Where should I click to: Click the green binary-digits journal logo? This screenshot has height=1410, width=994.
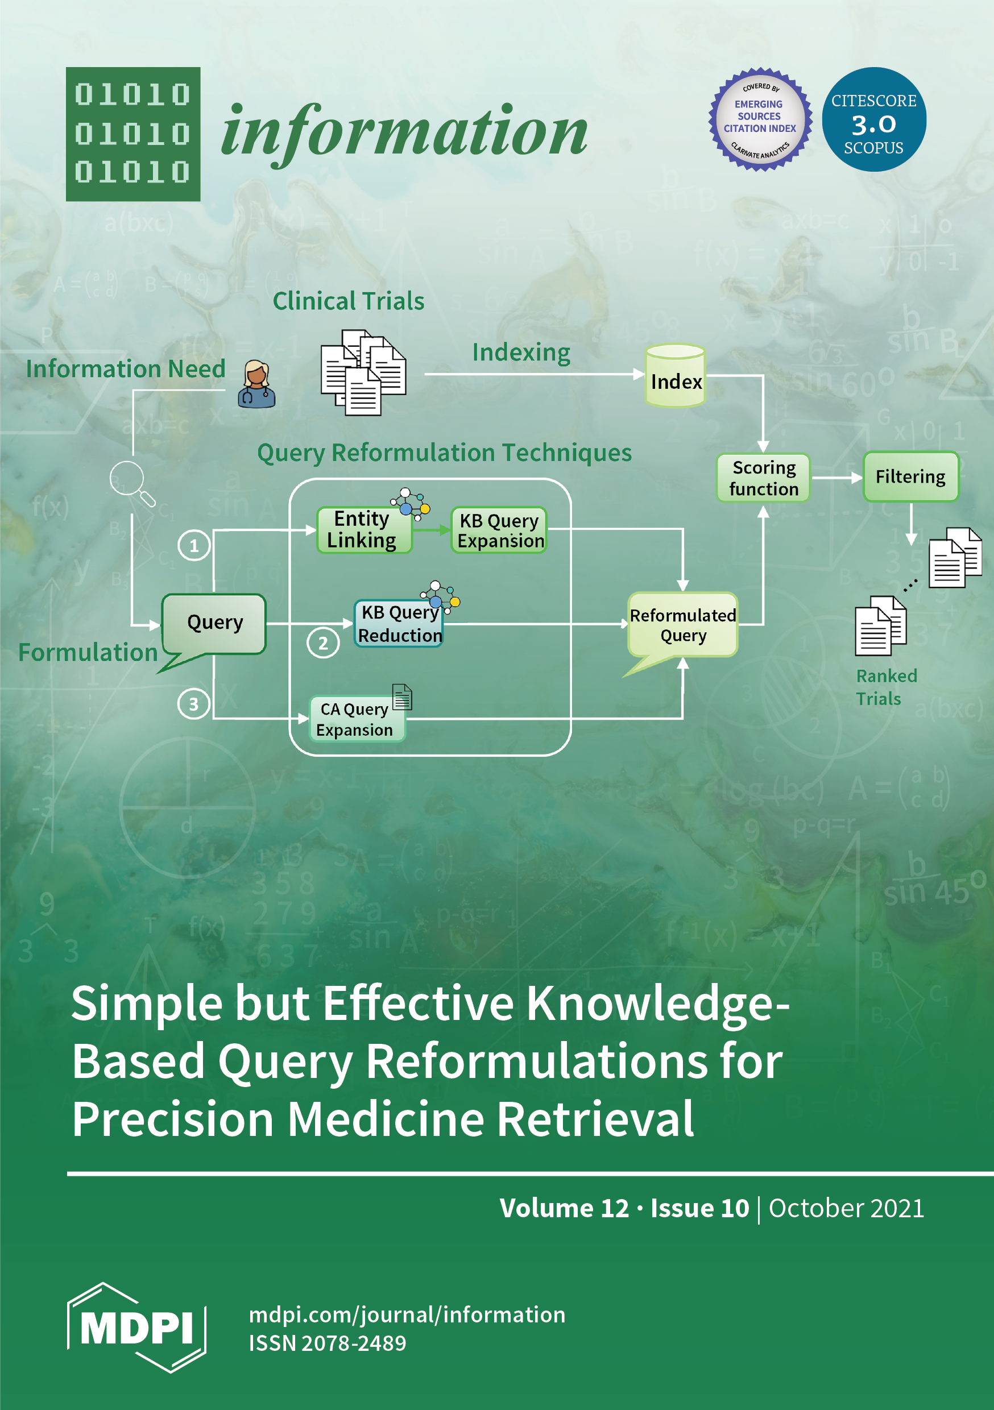(132, 134)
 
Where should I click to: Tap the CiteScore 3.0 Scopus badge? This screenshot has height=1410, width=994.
(873, 119)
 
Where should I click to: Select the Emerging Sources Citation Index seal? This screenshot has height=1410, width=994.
(760, 119)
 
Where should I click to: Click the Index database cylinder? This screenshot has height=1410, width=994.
(675, 376)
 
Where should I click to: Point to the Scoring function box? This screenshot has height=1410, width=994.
(763, 478)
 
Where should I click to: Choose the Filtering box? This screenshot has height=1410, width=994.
(910, 476)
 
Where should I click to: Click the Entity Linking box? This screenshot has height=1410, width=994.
(364, 529)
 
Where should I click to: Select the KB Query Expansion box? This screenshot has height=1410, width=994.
(499, 530)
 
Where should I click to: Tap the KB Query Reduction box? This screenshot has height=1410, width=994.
(399, 623)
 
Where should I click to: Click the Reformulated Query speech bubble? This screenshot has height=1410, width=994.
(682, 625)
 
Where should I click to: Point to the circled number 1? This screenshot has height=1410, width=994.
(194, 545)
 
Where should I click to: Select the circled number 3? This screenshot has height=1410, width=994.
(193, 704)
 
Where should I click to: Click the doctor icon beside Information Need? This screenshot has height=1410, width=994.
(256, 384)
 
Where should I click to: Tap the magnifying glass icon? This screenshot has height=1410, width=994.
(131, 483)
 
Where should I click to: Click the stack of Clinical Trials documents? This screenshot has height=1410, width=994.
(363, 372)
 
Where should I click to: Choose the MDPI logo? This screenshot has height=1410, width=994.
(136, 1327)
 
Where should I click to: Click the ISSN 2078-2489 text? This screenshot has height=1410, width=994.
(328, 1343)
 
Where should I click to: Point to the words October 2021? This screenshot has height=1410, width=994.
(846, 1209)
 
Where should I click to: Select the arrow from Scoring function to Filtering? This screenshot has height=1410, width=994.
(836, 477)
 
